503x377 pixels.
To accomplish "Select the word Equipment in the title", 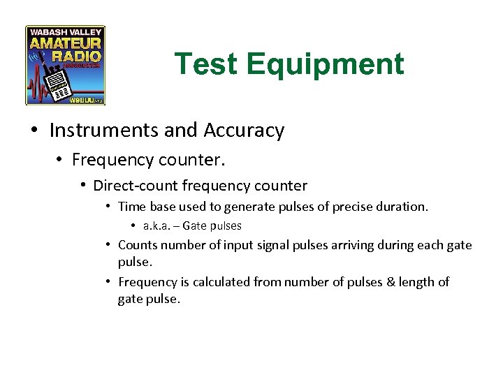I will click(x=325, y=64).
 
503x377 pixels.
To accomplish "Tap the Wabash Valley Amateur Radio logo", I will click(x=65, y=65).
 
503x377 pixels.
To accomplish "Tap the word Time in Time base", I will click(x=131, y=207).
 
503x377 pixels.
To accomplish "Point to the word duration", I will click(x=403, y=207).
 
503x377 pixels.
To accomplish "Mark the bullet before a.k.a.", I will click(x=133, y=226).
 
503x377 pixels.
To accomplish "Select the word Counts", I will click(x=137, y=245).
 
